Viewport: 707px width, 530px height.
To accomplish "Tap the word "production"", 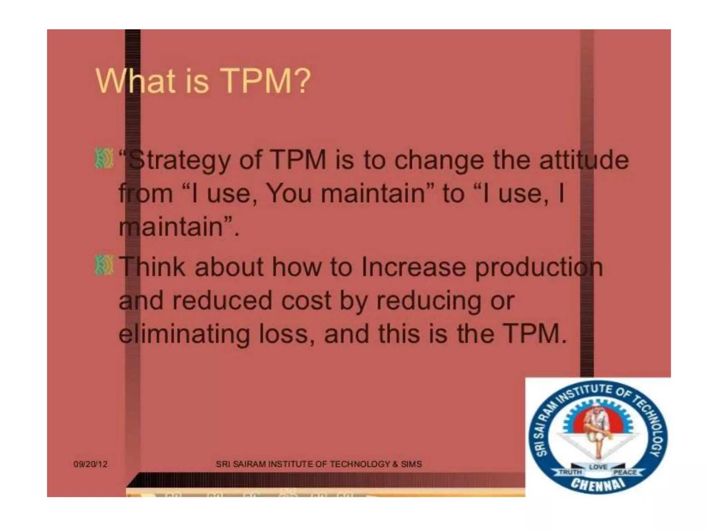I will tap(539, 267).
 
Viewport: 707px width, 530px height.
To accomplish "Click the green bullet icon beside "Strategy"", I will tap(104, 159).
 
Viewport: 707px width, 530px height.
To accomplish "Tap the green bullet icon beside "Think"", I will tap(104, 266).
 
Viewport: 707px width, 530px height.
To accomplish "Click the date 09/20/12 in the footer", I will tap(90, 464).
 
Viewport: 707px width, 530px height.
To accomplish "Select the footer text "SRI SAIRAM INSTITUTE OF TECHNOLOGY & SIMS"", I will tap(319, 464).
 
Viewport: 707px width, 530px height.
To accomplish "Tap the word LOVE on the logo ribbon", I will tap(598, 467).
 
